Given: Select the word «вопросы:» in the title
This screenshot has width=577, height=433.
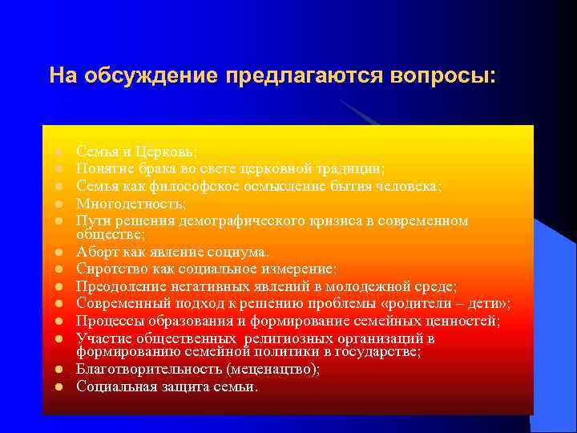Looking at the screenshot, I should (x=445, y=75).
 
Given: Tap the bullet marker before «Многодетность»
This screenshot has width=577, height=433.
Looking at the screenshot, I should (x=59, y=204).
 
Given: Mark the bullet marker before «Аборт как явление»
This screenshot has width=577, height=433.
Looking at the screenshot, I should (x=59, y=253).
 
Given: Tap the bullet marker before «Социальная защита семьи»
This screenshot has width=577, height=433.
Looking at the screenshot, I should (x=59, y=387).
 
